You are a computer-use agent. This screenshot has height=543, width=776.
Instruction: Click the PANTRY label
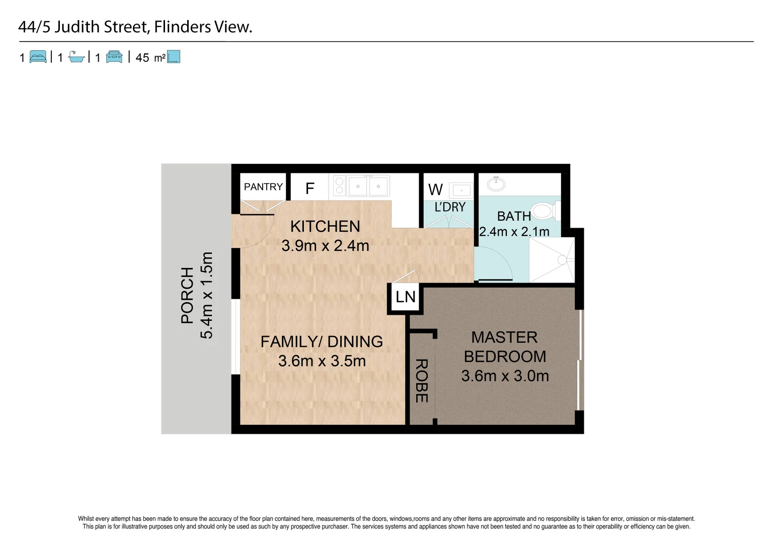[x=263, y=187]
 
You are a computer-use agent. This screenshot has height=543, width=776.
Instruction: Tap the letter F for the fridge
[x=310, y=189]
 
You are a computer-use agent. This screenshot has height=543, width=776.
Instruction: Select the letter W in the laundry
[x=435, y=190]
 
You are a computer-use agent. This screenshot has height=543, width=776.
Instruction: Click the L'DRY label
[x=450, y=207]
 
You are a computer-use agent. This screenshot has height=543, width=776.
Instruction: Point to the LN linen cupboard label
[x=406, y=297]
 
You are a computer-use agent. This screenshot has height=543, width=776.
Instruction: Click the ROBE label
[x=421, y=381]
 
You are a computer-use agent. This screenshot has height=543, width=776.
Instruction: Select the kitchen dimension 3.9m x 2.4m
[x=325, y=246]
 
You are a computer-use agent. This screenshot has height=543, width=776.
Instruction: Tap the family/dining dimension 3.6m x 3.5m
[x=322, y=361]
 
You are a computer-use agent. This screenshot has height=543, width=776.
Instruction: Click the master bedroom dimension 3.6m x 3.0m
[x=505, y=376]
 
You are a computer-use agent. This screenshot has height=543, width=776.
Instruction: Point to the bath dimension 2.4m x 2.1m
[x=514, y=232]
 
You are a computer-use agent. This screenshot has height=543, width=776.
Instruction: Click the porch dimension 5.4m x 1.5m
[x=207, y=295]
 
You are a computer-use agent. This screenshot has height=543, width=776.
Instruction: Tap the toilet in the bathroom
[x=544, y=211]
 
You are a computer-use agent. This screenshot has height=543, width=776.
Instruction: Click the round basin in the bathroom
[x=496, y=184]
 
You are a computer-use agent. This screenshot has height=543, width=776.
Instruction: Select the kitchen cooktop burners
[x=339, y=186]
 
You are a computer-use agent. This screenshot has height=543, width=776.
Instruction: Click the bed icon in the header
[x=38, y=57]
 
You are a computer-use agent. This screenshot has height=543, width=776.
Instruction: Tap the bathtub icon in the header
[x=76, y=57]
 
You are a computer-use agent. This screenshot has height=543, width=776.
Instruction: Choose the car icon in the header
[x=114, y=57]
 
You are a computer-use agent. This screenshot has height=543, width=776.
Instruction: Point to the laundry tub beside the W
[x=461, y=191]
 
